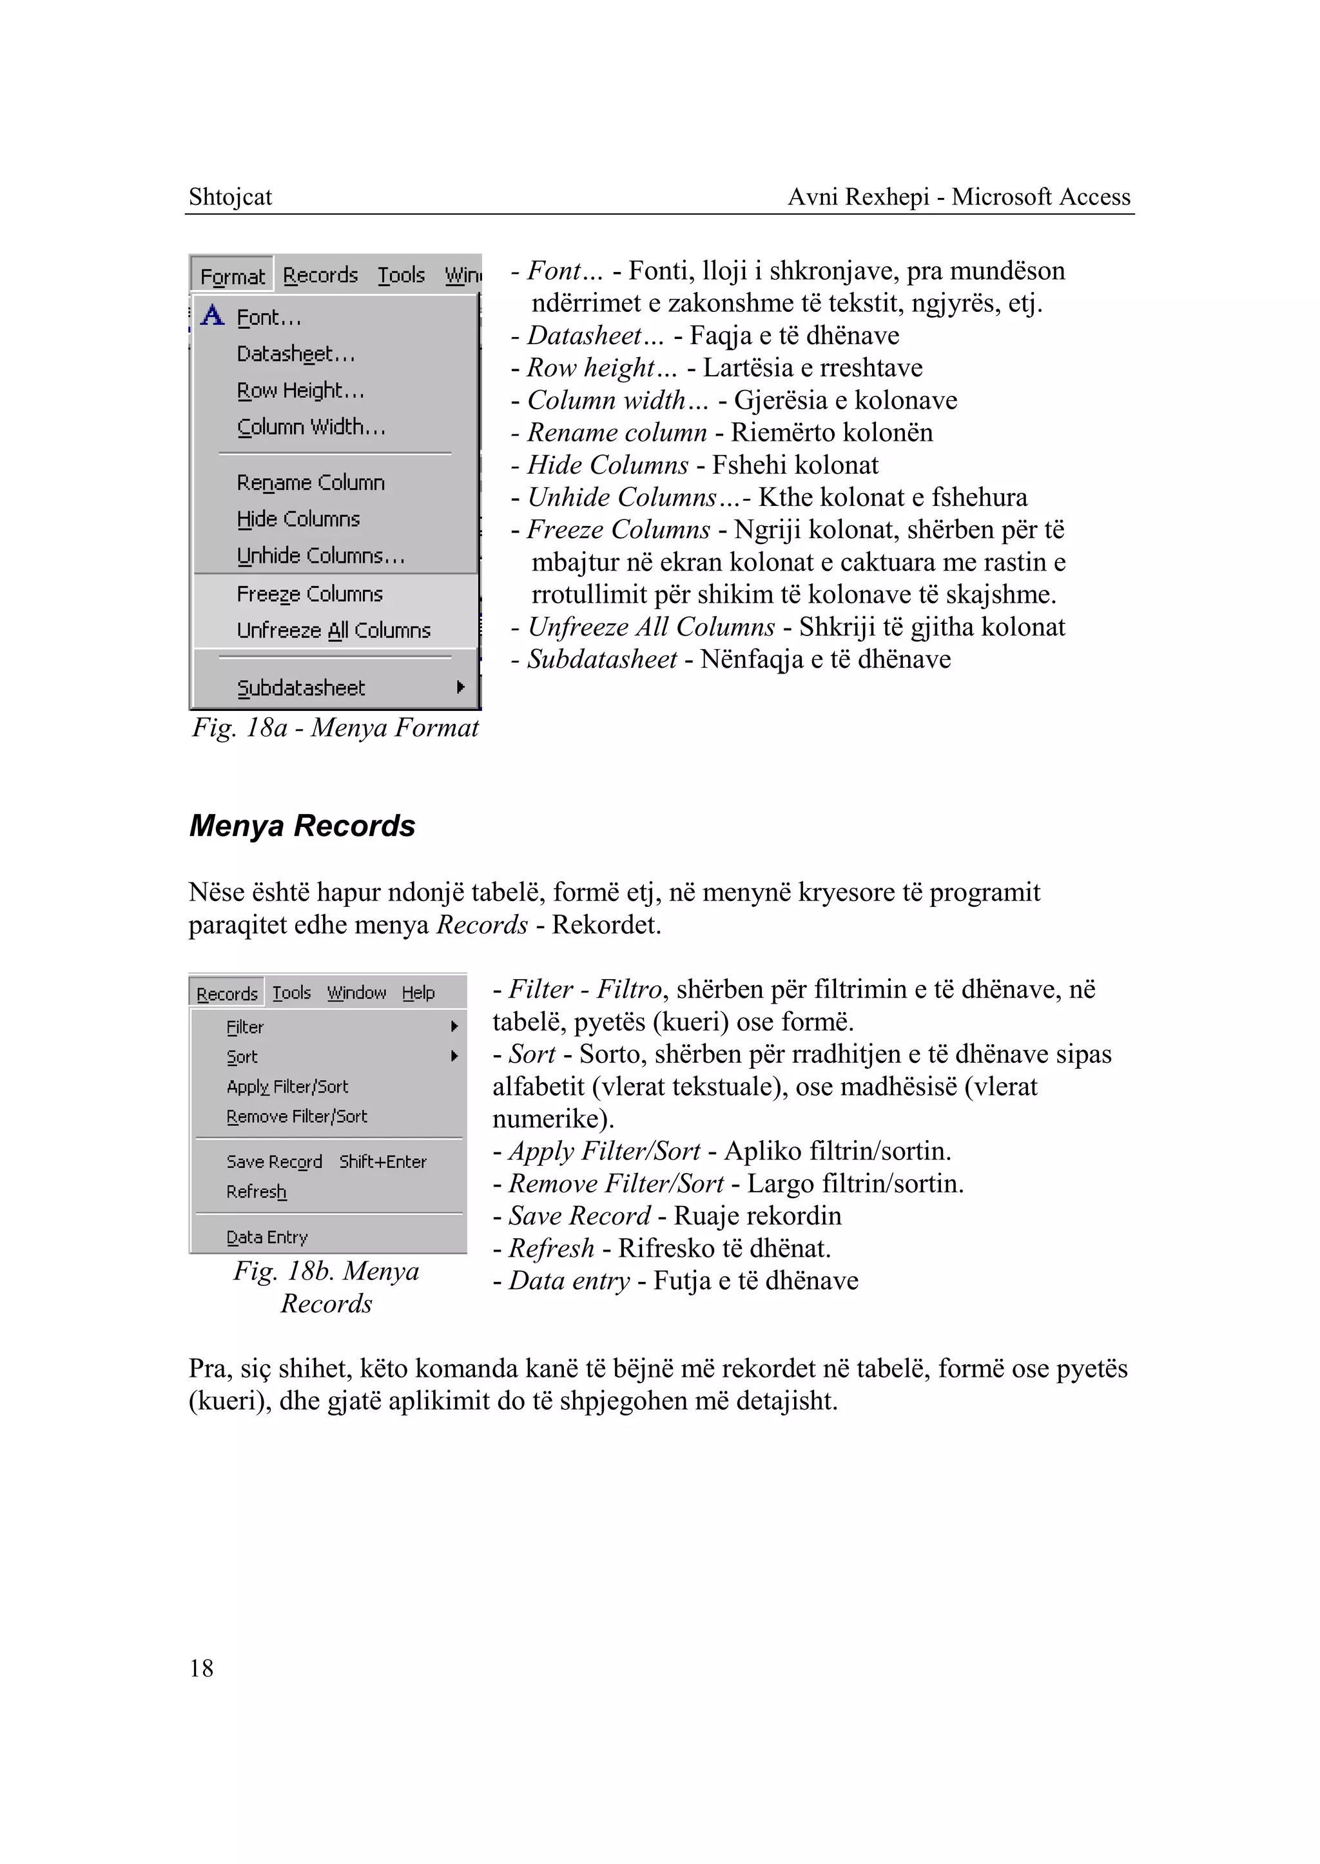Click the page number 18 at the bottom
[202, 1669]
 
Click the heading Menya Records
[302, 826]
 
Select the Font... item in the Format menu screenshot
[269, 318]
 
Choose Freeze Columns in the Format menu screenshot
[309, 594]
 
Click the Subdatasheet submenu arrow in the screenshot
[461, 687]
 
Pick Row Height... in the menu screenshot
[300, 391]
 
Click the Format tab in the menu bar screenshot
[233, 277]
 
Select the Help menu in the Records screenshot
[418, 993]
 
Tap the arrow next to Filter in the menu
[454, 1027]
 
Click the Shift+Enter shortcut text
[383, 1161]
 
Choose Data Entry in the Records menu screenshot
[267, 1238]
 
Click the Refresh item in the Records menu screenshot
[256, 1192]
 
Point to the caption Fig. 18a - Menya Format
[335, 728]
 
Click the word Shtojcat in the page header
[230, 197]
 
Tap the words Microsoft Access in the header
[1040, 197]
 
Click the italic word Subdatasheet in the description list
[601, 659]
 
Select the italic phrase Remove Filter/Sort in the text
[616, 1183]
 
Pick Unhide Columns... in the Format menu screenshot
[320, 556]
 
